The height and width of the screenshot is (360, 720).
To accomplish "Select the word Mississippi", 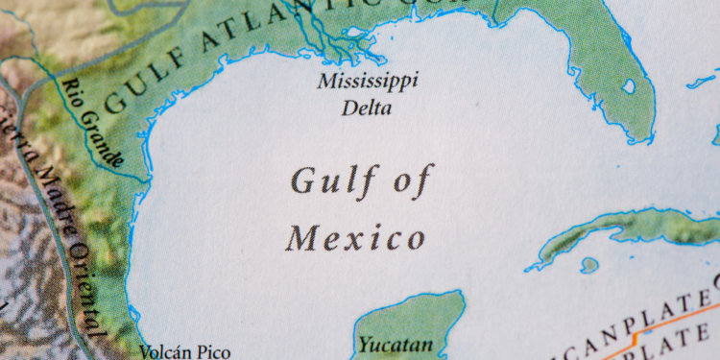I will pos(368,81).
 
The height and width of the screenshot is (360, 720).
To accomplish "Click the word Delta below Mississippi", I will pos(367,108).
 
